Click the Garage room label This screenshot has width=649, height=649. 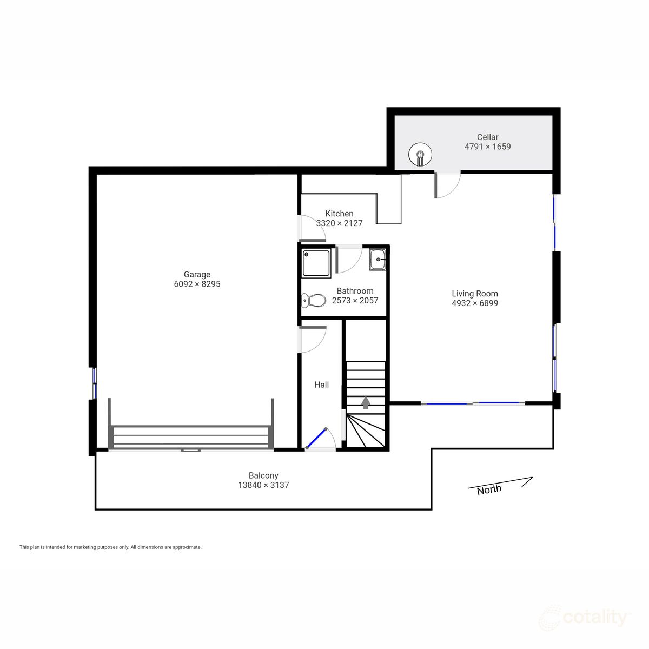197,274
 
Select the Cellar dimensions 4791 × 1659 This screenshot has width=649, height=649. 487,147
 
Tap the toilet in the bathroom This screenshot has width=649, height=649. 313,300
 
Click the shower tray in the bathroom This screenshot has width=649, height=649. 316,263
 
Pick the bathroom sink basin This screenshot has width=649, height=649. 378,260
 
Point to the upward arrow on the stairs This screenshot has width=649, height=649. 366,402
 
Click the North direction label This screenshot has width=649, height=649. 489,489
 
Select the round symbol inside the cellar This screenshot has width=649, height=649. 420,155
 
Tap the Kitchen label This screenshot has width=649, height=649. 339,214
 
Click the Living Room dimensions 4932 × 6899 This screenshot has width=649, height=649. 475,303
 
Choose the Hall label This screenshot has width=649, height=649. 321,385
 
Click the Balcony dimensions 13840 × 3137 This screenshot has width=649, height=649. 263,485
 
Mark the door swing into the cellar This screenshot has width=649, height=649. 447,185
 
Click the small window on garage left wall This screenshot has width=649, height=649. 94,383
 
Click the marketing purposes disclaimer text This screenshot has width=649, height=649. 110,547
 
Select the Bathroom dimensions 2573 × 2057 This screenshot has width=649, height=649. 355,301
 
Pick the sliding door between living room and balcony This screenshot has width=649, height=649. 473,403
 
